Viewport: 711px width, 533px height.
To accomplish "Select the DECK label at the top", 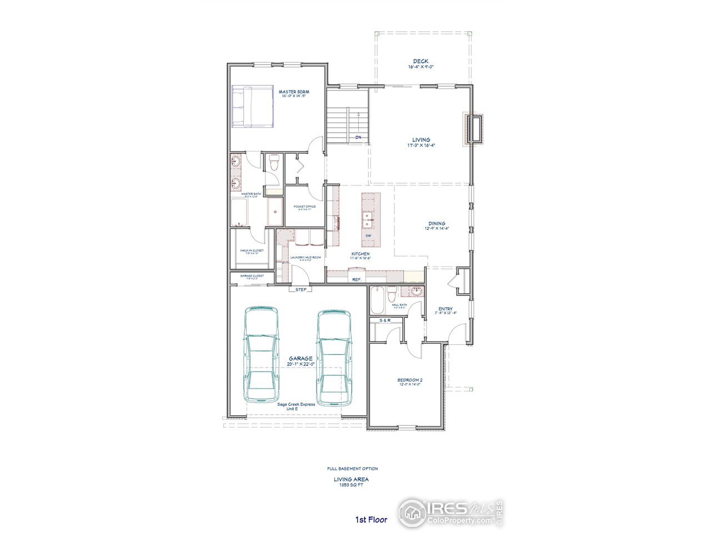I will [420, 61].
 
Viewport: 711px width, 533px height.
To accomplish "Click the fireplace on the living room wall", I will [474, 130].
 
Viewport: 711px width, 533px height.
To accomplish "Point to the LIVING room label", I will [420, 140].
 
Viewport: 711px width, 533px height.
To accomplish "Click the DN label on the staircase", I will [359, 137].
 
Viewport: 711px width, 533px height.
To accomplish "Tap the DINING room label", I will [436, 223].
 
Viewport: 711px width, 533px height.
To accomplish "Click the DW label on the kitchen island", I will [368, 236].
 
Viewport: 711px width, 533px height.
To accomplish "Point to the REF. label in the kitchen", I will [357, 279].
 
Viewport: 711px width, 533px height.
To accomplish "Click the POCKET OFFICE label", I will [305, 207].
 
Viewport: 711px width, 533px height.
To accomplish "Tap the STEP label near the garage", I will [301, 289].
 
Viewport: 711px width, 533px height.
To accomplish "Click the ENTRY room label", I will [445, 309].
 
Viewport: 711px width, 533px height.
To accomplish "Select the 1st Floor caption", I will [372, 520].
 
